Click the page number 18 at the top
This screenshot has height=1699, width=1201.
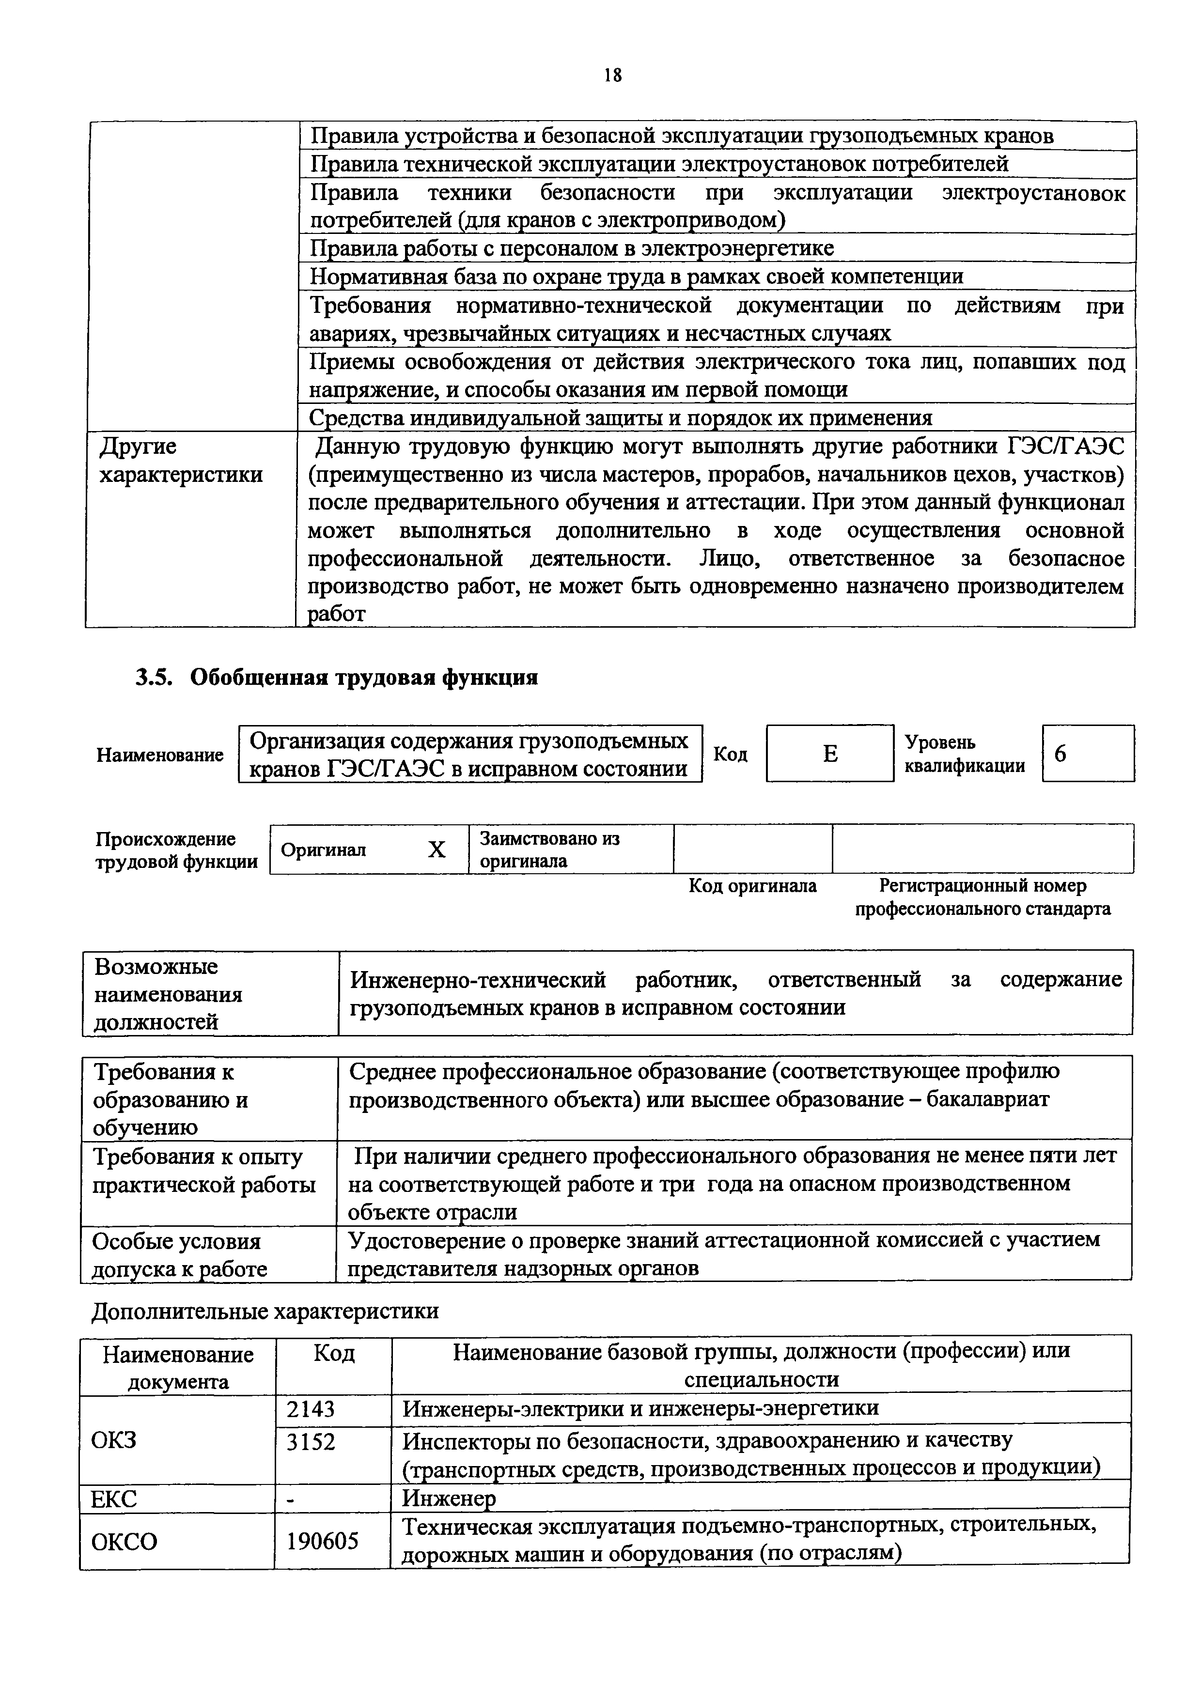tap(613, 75)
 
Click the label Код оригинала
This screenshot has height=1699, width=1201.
tap(752, 886)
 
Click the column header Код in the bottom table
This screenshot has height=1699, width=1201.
tap(334, 1353)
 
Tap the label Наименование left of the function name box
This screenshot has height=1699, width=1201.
tap(160, 755)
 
